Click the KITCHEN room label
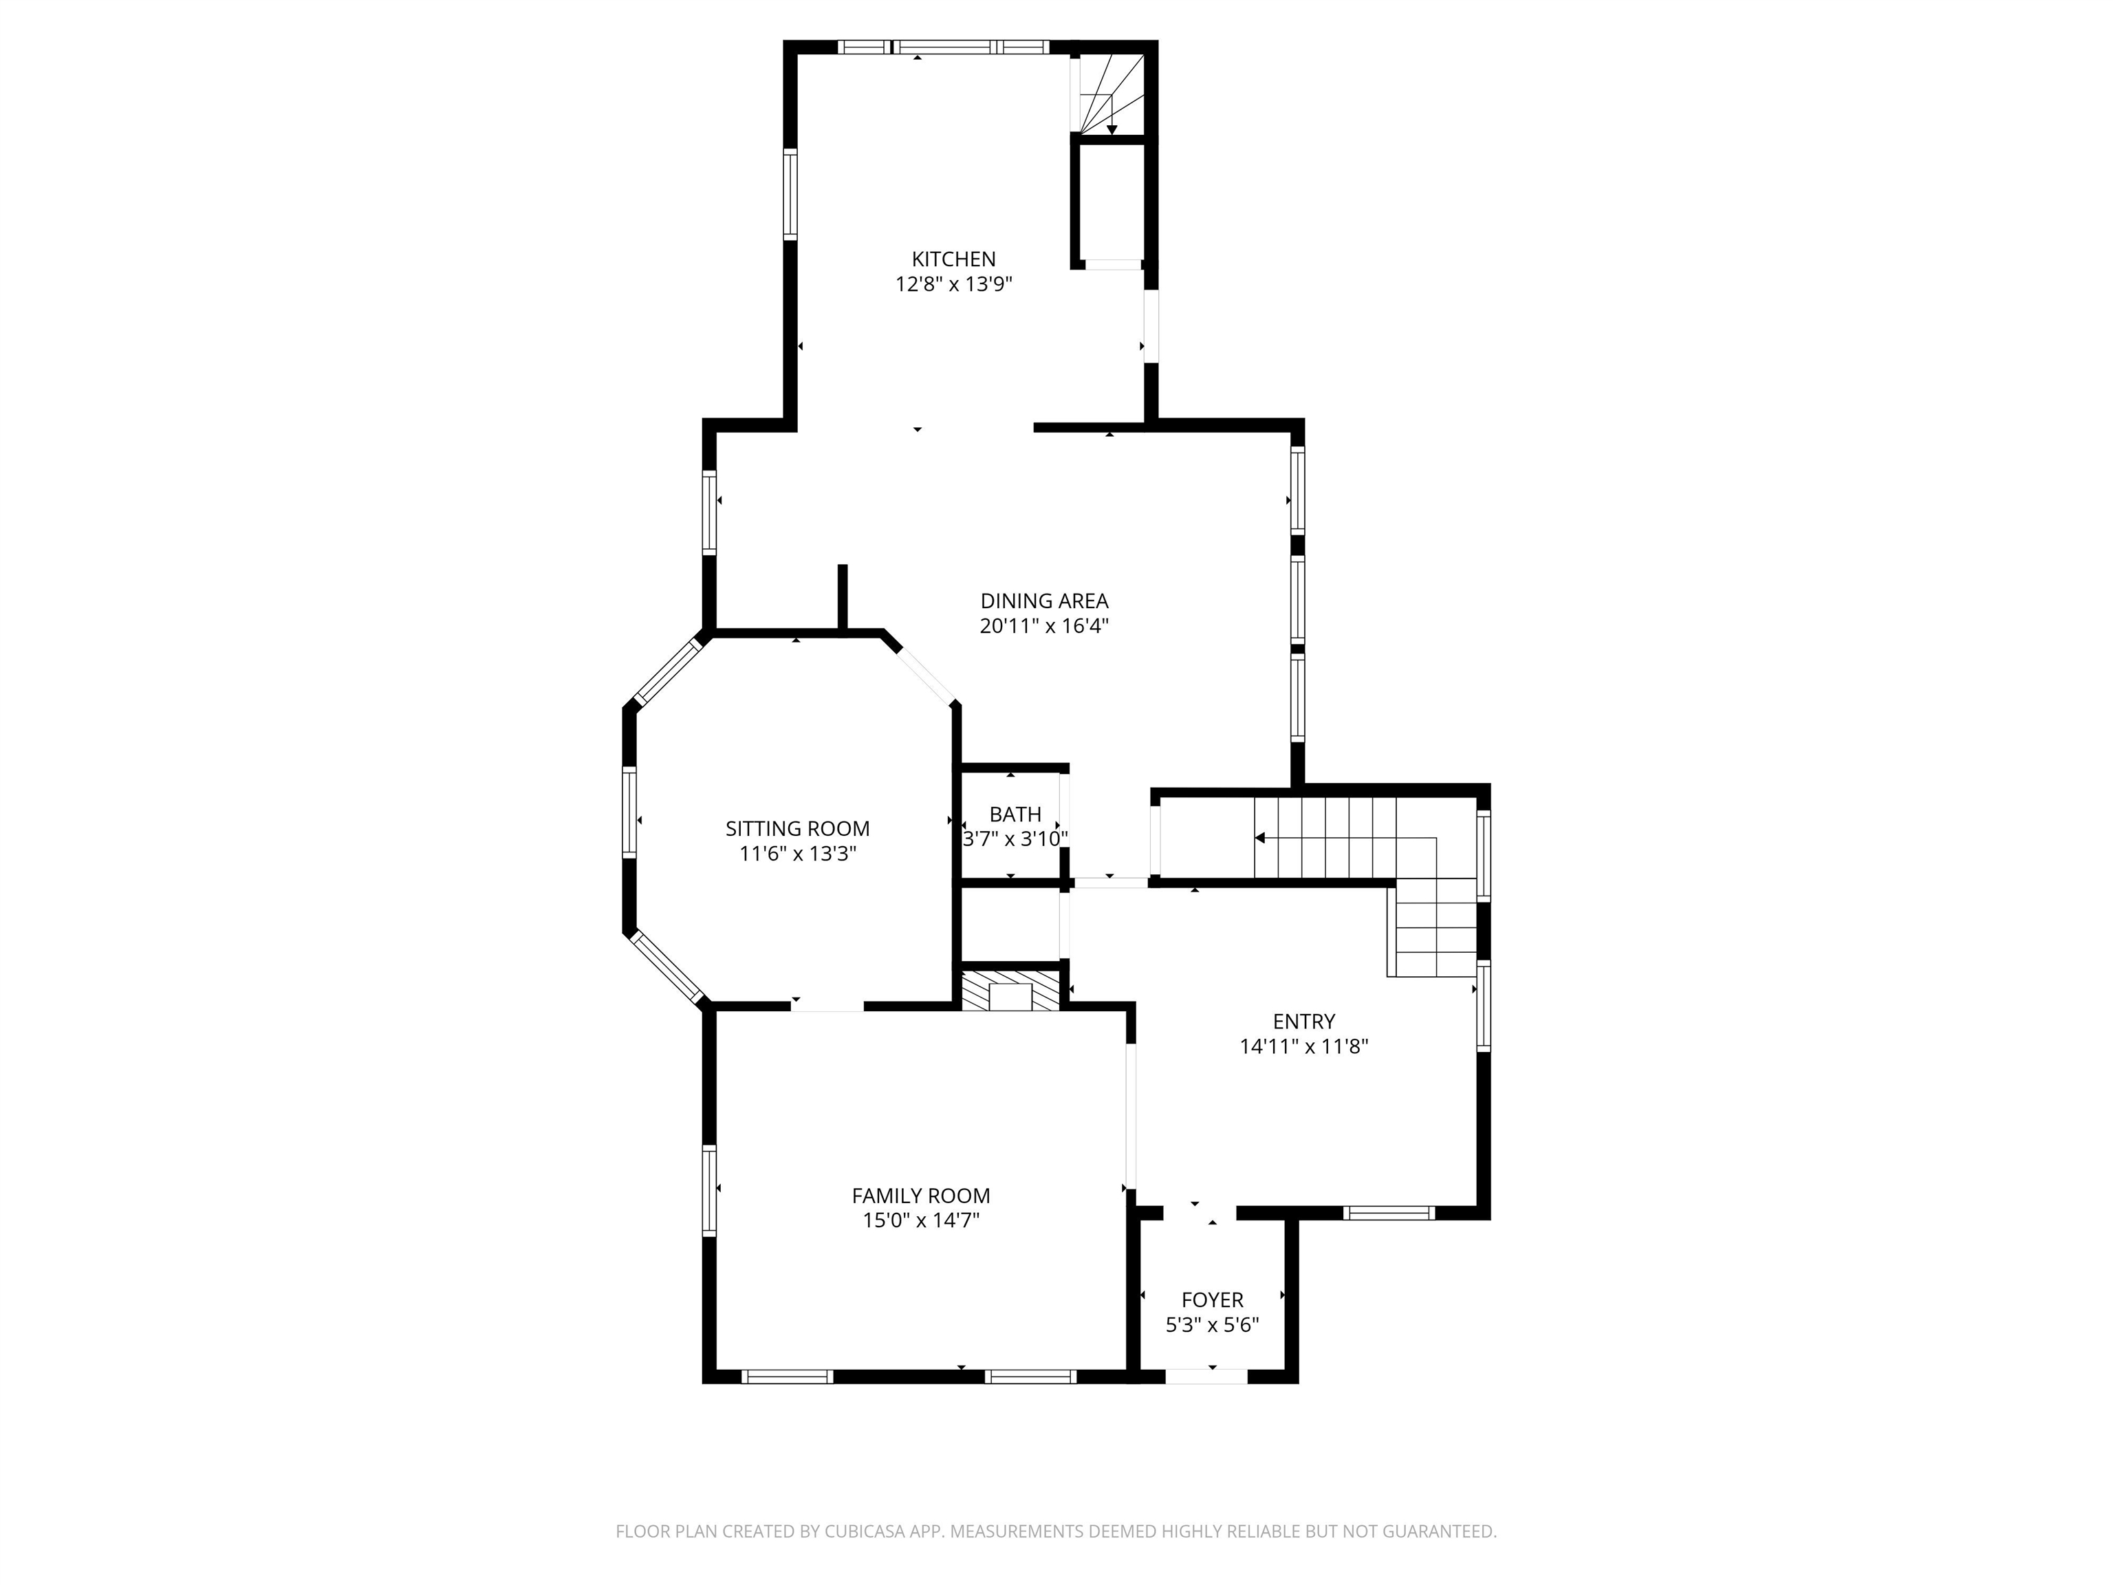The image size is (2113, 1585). pyautogui.click(x=953, y=259)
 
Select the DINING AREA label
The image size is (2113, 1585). pyautogui.click(x=1044, y=601)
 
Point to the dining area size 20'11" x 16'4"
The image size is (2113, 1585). pyautogui.click(x=1044, y=627)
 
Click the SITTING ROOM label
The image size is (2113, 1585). pyautogui.click(x=798, y=828)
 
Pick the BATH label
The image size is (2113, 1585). pyautogui.click(x=1015, y=814)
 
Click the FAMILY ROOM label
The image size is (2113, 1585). pyautogui.click(x=921, y=1195)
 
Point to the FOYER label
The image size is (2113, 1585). pyautogui.click(x=1212, y=1300)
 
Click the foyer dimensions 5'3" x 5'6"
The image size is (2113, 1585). pyautogui.click(x=1212, y=1325)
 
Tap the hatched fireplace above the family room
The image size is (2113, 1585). pyautogui.click(x=1010, y=991)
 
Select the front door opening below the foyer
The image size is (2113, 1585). pyautogui.click(x=1206, y=1376)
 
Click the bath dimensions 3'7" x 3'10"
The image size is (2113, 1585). pyautogui.click(x=1015, y=839)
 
